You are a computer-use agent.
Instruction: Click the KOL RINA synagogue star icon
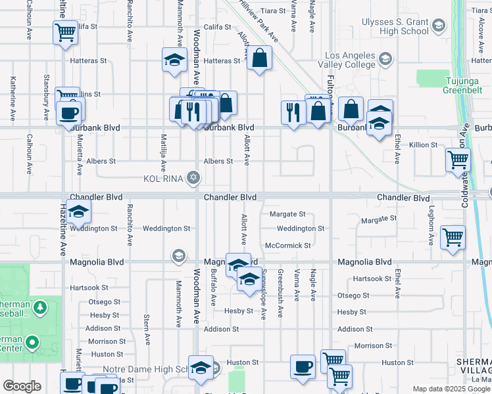click(193, 178)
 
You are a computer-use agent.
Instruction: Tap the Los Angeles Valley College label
click(340, 60)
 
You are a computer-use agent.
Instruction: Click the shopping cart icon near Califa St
click(65, 32)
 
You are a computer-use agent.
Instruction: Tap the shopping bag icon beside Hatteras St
click(260, 58)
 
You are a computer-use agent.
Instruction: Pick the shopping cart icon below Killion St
click(458, 160)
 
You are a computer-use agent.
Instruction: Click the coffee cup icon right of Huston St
click(303, 366)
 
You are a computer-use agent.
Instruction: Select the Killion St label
click(423, 144)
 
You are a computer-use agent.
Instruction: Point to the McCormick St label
click(287, 246)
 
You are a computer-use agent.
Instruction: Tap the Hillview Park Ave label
click(258, 22)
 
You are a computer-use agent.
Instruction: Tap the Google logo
click(22, 386)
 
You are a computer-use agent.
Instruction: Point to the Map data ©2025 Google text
click(451, 389)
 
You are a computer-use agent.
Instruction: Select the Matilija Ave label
click(164, 149)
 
